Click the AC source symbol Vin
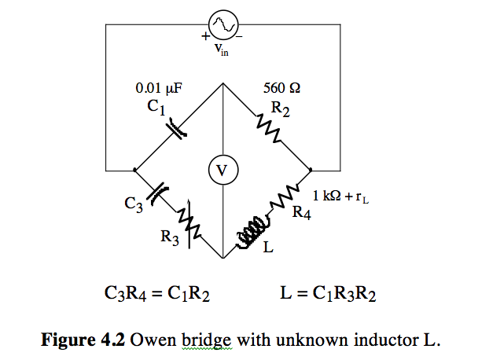click(222, 26)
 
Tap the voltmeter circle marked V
click(222, 169)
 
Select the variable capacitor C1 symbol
click(179, 126)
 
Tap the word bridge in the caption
click(205, 341)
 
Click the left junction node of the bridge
click(134, 169)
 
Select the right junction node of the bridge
click(311, 169)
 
